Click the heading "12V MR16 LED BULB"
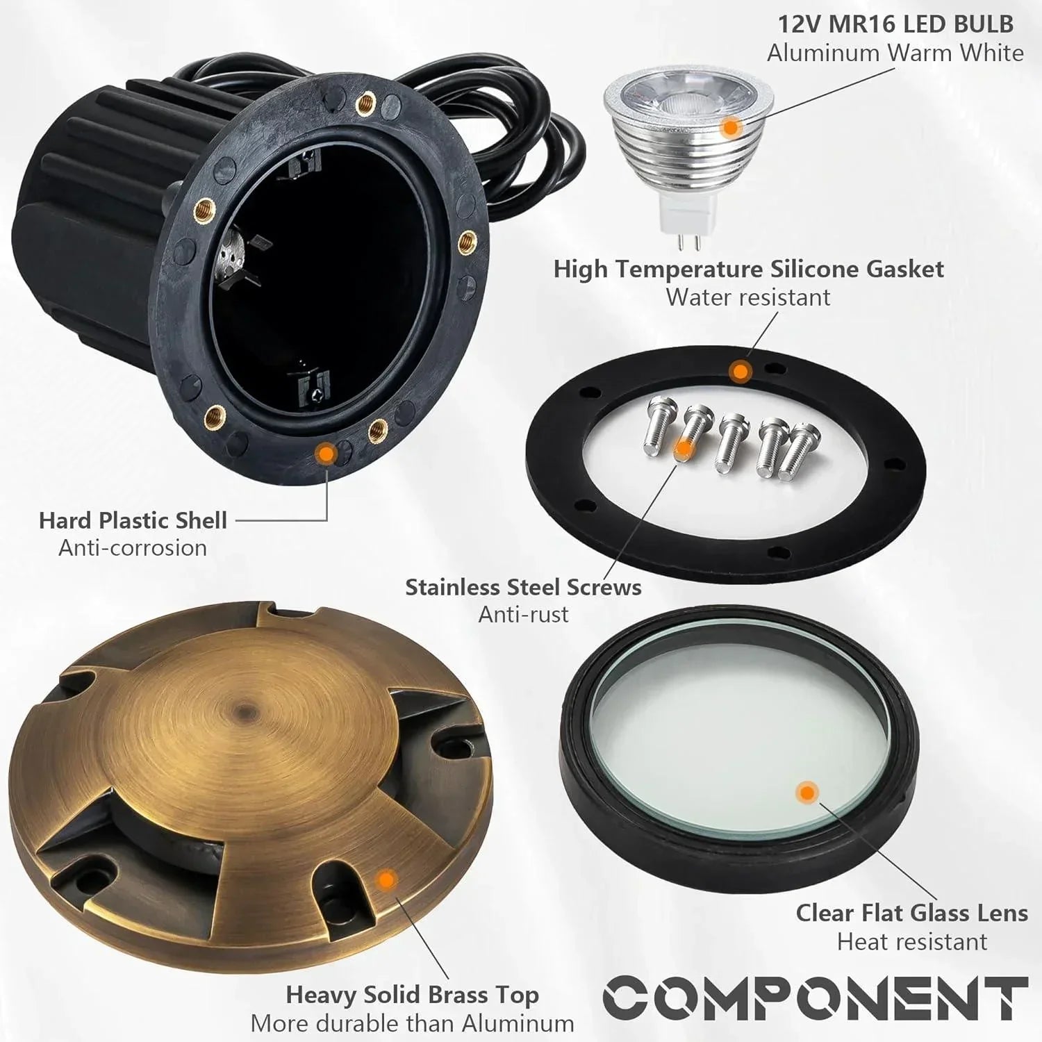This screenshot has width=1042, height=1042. (x=895, y=24)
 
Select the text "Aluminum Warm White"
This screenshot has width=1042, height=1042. (x=895, y=53)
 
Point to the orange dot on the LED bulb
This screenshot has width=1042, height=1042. (x=730, y=127)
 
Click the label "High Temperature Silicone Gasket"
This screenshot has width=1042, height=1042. (x=748, y=269)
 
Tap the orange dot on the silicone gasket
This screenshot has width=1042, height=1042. (x=741, y=372)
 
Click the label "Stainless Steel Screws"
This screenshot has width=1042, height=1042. (x=523, y=587)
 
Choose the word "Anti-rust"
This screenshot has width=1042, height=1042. (x=523, y=615)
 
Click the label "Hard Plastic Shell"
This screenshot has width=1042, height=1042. (x=133, y=520)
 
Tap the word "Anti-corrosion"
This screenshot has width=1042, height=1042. (x=133, y=548)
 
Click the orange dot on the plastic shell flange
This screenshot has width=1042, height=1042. (x=325, y=454)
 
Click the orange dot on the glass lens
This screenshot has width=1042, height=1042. (x=807, y=792)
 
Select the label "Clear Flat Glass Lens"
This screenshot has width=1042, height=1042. (x=911, y=913)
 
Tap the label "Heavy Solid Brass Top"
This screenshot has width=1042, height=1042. (x=412, y=995)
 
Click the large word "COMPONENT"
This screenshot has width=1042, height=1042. (x=814, y=998)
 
